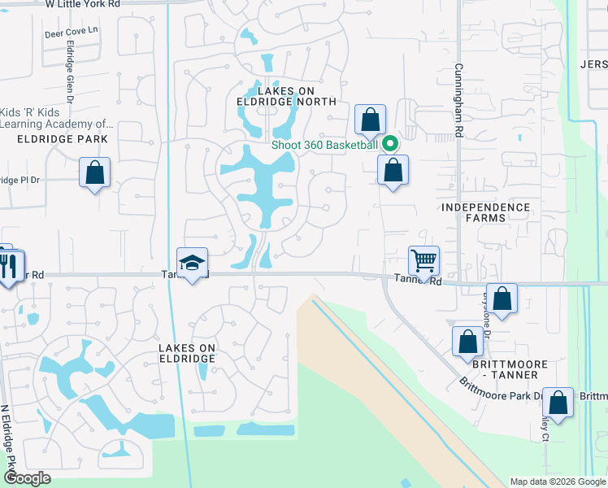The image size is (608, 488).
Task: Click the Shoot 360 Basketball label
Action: click(x=325, y=145)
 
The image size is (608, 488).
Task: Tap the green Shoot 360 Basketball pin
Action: click(x=389, y=144)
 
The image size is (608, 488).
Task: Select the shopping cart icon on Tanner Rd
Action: click(x=424, y=262)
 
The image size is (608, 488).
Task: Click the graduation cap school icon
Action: click(x=192, y=264)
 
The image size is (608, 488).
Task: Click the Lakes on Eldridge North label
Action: click(x=286, y=96)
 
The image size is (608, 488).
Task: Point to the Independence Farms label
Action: click(x=485, y=213)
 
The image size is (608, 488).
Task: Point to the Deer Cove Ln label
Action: click(x=71, y=32)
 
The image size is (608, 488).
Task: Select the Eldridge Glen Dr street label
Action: click(x=69, y=77)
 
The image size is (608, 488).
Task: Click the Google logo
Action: click(x=27, y=478)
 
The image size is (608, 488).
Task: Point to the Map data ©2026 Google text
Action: click(x=557, y=481)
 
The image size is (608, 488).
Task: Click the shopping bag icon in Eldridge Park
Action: click(x=95, y=172)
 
